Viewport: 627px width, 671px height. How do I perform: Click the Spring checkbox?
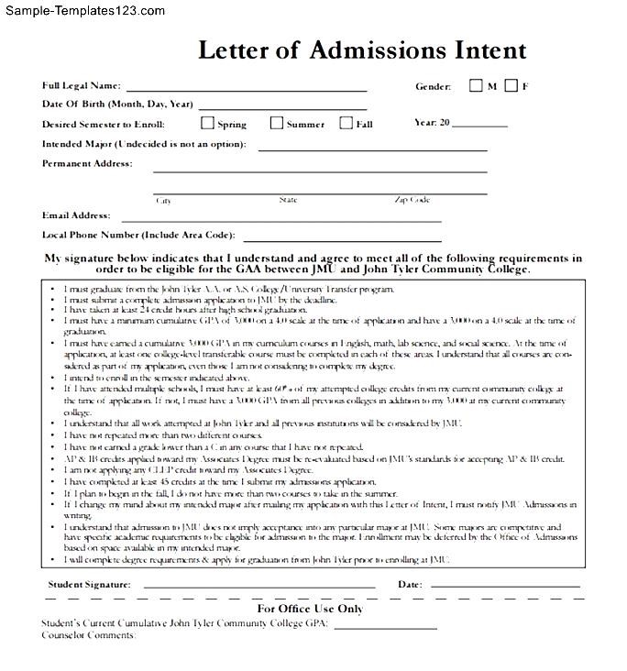(x=207, y=123)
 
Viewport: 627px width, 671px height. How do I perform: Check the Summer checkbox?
(x=277, y=123)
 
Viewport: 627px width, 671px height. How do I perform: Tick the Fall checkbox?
(x=346, y=123)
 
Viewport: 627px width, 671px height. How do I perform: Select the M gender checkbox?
(x=476, y=86)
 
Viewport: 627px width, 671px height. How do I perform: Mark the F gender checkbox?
(x=511, y=86)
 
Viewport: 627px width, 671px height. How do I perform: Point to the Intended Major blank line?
(x=372, y=149)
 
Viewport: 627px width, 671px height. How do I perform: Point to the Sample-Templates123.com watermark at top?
(x=83, y=11)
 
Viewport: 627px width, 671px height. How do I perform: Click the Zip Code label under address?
(x=412, y=200)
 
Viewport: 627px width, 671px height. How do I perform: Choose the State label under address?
(x=288, y=200)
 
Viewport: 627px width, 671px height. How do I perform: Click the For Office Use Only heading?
(x=310, y=608)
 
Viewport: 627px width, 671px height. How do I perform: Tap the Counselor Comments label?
(x=88, y=635)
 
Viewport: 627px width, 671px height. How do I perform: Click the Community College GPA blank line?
(x=385, y=626)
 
